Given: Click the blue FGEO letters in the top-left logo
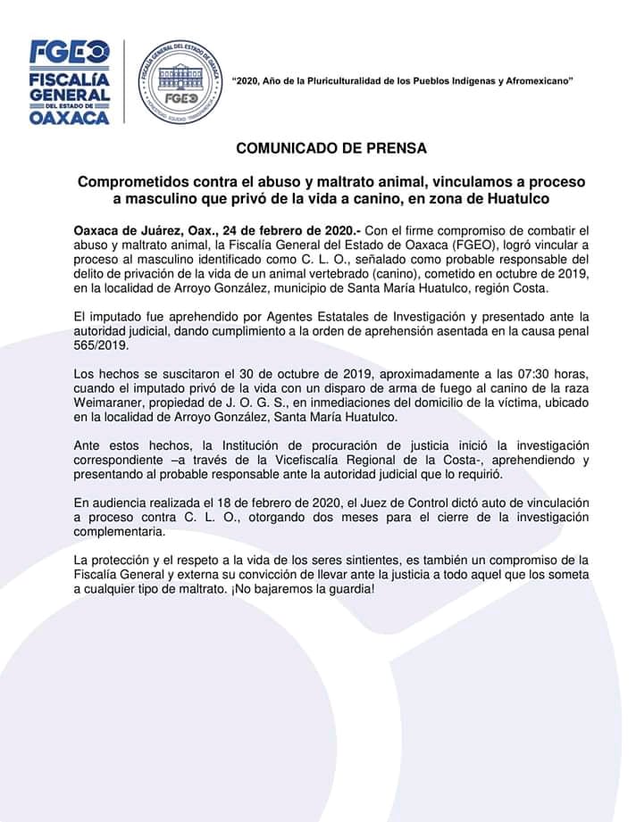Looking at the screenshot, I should (70, 52).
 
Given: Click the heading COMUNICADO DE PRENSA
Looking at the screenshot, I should (331, 148).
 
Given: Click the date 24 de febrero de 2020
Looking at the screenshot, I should (297, 231).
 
